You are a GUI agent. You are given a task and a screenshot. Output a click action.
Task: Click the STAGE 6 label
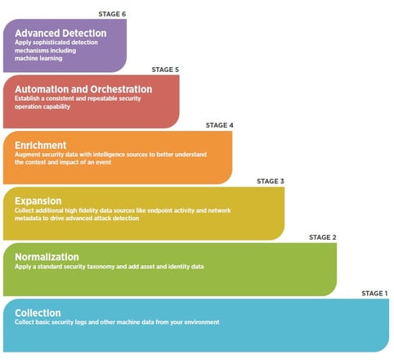pos(112,14)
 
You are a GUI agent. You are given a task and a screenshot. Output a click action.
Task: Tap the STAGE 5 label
pos(165,70)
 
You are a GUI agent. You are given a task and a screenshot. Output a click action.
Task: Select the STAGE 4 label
pos(219,125)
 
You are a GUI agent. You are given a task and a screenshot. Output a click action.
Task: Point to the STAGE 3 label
pos(271,182)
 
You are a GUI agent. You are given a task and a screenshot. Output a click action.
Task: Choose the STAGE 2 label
pos(323,237)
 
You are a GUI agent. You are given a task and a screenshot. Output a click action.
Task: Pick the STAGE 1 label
pos(374,294)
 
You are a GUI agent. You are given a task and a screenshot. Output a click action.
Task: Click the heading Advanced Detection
pos(60,34)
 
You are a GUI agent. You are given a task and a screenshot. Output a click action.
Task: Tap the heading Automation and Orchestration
pos(83,89)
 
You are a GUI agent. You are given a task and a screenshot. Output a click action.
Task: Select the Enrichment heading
pos(41,145)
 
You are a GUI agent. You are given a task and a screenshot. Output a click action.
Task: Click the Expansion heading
pos(38,201)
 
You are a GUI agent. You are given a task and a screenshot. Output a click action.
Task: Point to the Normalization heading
pos(47,257)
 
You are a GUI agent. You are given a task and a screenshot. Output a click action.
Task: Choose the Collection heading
pos(38,313)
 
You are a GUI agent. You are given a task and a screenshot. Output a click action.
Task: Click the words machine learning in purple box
pos(38,58)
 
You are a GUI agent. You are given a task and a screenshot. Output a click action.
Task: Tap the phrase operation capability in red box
pos(43,106)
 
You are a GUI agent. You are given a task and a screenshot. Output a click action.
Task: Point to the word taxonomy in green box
pos(101,267)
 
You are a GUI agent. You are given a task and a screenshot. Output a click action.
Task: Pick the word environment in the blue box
pos(202,322)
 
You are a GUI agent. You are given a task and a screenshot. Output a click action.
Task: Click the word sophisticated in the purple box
pos(53,43)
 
